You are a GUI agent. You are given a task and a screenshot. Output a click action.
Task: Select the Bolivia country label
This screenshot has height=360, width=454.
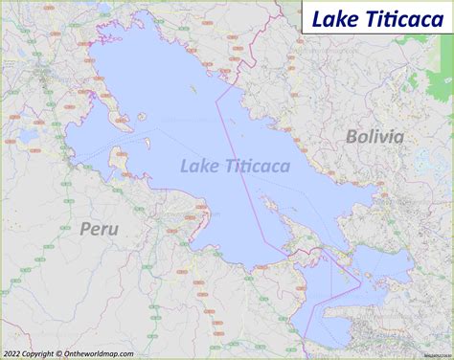pos(375,137)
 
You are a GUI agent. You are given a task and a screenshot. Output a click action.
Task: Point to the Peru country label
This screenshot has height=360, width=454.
pos(99,228)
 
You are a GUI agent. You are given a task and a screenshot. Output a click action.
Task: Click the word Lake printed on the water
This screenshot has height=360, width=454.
pos(201,167)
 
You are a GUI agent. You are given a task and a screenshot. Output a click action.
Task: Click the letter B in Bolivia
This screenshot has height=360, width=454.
pos(352,137)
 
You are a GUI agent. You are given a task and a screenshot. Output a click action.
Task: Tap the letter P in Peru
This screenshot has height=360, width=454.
pos(84,228)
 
